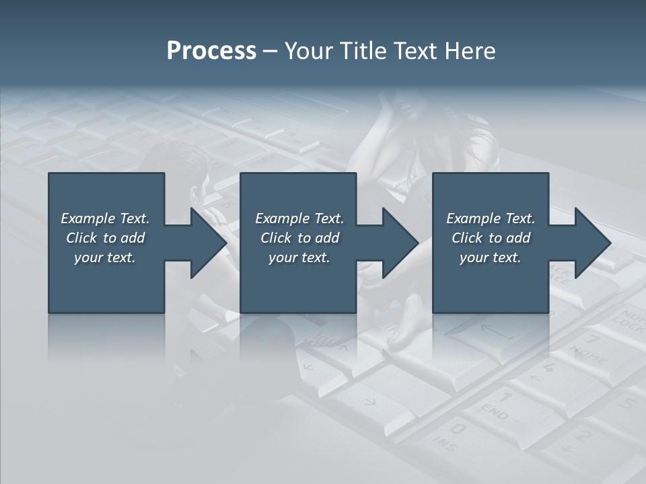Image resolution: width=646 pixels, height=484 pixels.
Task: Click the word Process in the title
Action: point(211,51)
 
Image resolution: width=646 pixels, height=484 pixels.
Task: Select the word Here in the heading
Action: point(469,51)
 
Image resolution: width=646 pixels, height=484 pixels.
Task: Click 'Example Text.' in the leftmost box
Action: point(105,218)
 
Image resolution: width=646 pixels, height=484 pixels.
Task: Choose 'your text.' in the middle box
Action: point(299,257)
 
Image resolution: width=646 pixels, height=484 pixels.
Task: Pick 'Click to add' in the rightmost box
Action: point(491,238)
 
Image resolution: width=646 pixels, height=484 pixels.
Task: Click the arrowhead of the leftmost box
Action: point(208,243)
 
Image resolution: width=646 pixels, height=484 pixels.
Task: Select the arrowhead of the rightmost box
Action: point(592,243)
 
